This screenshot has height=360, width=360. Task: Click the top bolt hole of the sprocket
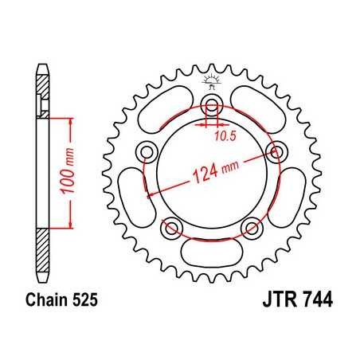click(211, 104)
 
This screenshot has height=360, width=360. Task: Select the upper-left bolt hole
click(146, 151)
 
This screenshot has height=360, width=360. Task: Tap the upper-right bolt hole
click(276, 151)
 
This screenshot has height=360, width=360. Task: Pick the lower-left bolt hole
click(170, 228)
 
